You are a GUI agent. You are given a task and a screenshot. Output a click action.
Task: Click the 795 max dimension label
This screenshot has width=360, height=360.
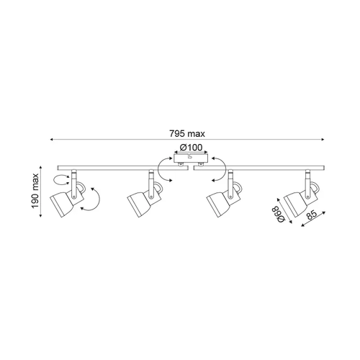(x=187, y=133)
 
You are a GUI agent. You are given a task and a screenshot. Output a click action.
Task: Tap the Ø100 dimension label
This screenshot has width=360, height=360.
(x=191, y=148)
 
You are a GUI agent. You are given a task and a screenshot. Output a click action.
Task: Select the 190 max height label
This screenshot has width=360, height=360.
(x=35, y=191)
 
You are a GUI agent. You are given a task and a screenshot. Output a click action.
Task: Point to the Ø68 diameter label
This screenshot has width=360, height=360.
(x=280, y=214)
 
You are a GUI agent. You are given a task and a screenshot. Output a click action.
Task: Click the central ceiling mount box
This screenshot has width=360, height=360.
(x=191, y=158)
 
